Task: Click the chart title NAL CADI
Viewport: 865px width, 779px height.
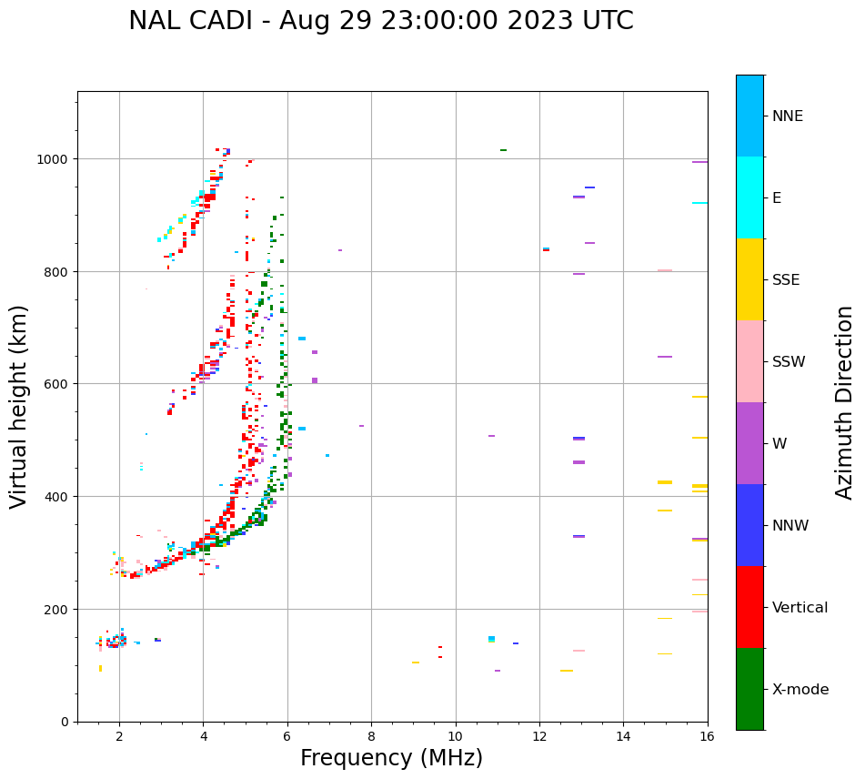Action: pyautogui.click(x=380, y=21)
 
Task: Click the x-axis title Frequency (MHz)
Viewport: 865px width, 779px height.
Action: pyautogui.click(x=391, y=758)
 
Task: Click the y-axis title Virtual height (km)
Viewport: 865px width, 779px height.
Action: pyautogui.click(x=19, y=407)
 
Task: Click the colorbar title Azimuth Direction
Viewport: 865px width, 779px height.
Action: pyautogui.click(x=845, y=402)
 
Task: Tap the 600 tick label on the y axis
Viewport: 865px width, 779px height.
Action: pyautogui.click(x=57, y=384)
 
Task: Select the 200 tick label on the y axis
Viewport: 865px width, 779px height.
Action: pyautogui.click(x=57, y=609)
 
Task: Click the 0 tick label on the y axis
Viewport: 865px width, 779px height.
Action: pyautogui.click(x=65, y=722)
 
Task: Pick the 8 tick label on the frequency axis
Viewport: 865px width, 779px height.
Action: pyautogui.click(x=371, y=735)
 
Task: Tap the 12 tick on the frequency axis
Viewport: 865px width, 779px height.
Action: pyautogui.click(x=539, y=735)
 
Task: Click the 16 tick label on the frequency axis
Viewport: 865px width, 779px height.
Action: pyautogui.click(x=707, y=735)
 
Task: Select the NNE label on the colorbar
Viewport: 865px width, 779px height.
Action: pyautogui.click(x=788, y=116)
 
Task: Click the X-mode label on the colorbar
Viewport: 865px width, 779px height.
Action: pyautogui.click(x=800, y=690)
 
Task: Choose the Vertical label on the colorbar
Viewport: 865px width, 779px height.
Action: pyautogui.click(x=800, y=608)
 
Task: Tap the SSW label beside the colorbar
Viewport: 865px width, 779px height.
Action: pyautogui.click(x=789, y=362)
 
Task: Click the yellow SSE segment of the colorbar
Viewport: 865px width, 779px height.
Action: pyautogui.click(x=749, y=279)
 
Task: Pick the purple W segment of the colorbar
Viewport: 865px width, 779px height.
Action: pyautogui.click(x=749, y=443)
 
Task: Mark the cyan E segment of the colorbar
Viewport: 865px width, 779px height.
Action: pyautogui.click(x=749, y=197)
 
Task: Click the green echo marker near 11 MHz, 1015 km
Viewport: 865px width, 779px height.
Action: pyautogui.click(x=503, y=150)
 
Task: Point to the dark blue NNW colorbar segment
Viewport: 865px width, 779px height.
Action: pyautogui.click(x=749, y=525)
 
